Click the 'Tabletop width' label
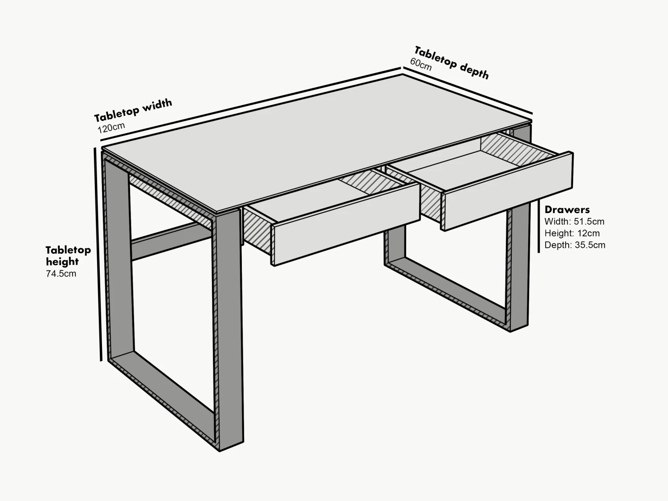click(x=133, y=110)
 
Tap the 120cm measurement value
click(x=111, y=128)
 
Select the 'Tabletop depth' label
click(x=451, y=63)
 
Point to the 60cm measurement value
click(x=421, y=65)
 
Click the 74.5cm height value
click(x=61, y=274)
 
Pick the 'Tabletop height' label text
click(x=68, y=256)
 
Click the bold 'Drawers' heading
click(x=567, y=209)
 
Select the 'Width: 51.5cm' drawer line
click(x=574, y=222)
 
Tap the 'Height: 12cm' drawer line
click(x=572, y=233)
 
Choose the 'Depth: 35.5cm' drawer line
click(x=574, y=245)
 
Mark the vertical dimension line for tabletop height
click(x=98, y=254)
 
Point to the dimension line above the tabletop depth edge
click(x=468, y=91)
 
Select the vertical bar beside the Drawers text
click(x=539, y=227)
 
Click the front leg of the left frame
click(x=230, y=330)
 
